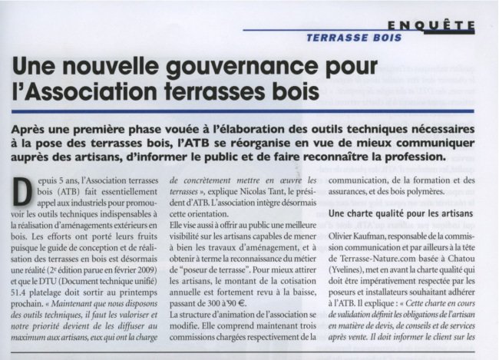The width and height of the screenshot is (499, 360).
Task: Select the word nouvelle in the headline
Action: (110, 68)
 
